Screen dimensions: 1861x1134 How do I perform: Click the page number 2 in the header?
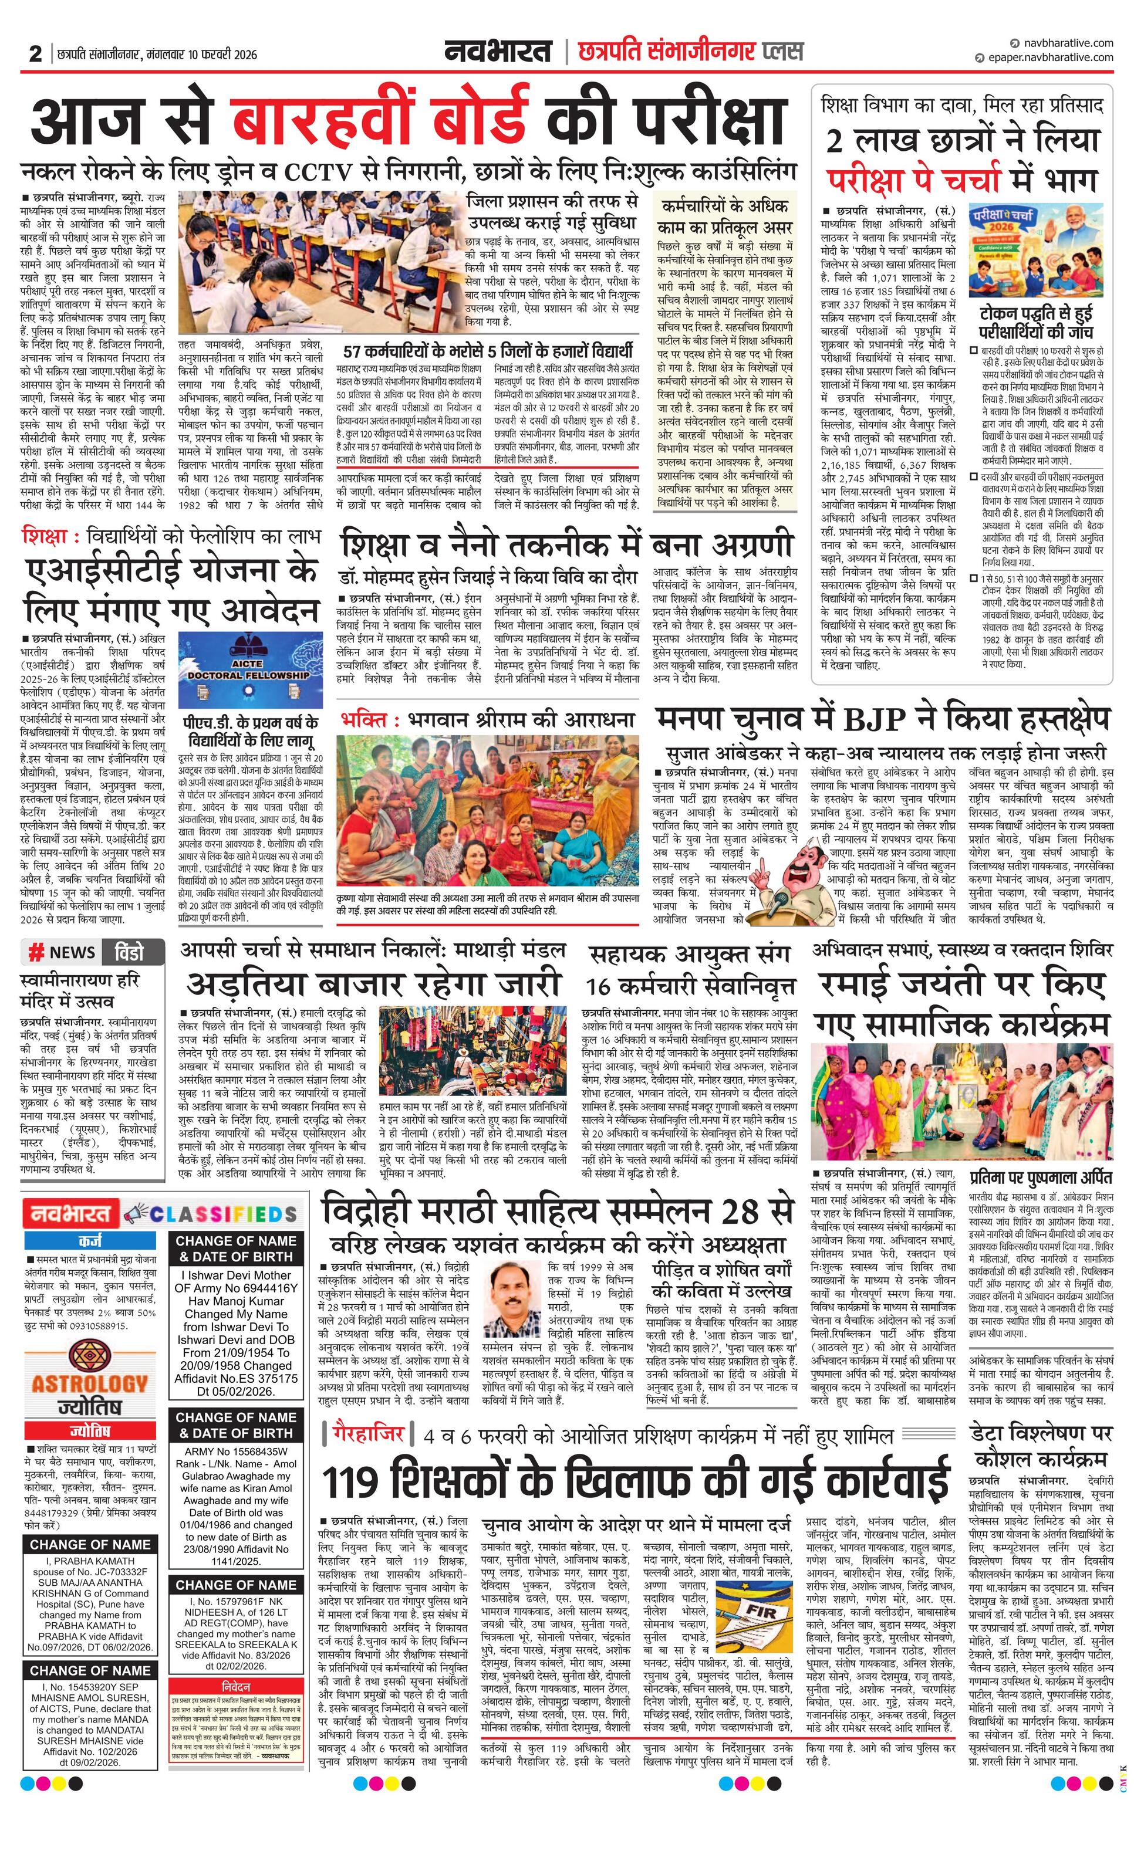35,53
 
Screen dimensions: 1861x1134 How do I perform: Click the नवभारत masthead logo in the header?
497,52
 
